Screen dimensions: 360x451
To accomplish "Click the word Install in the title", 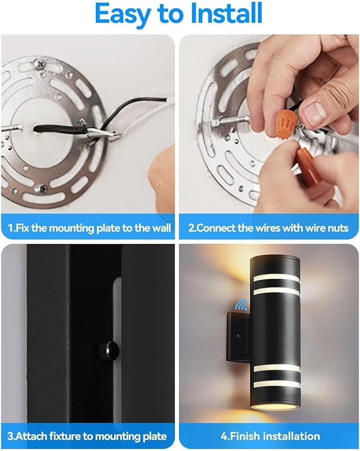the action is pos(227,13).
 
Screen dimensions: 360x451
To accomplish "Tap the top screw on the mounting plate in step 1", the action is pos(40,63).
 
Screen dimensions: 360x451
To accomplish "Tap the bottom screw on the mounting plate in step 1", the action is pos(42,189).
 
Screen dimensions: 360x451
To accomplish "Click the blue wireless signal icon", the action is pos(241,305).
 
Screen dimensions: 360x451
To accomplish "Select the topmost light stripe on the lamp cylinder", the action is pos(276,277).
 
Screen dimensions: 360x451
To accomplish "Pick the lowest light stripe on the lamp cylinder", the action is pos(276,384).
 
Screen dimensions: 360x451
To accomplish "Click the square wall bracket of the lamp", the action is pos(238,337).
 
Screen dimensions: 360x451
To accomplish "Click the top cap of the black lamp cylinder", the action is pos(275,259).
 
